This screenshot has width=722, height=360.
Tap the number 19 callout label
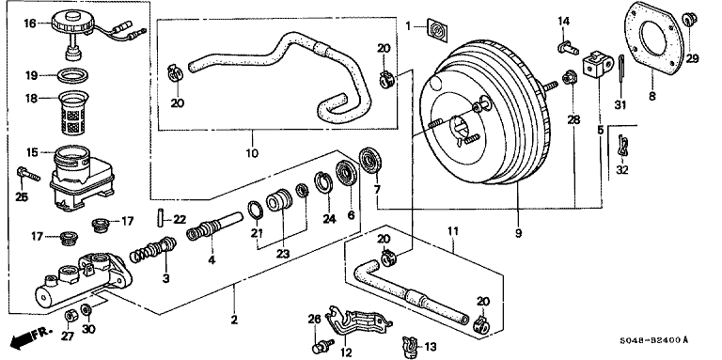coord(31,75)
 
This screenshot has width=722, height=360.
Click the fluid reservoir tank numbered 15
coord(81,177)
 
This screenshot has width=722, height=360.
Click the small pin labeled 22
coord(158,217)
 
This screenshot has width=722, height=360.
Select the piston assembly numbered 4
coord(214,225)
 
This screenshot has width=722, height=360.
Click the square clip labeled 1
coord(436,30)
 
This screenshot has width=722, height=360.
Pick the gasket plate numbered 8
coord(654,39)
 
